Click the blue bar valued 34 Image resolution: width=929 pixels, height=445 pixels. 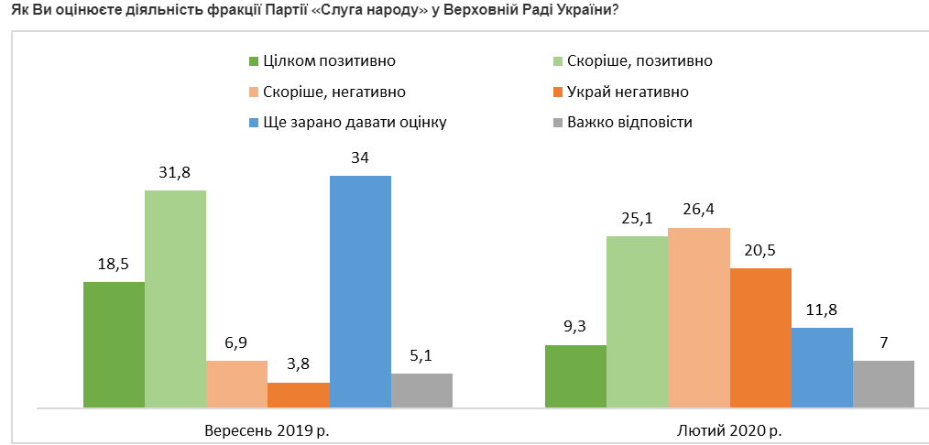[360, 291]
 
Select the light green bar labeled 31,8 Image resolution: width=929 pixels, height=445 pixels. [175, 298]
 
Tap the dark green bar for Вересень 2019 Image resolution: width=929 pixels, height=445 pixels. [114, 344]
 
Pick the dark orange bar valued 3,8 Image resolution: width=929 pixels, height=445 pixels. [299, 395]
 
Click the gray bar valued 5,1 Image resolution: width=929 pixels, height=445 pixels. [421, 390]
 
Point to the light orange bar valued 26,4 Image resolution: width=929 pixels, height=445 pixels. [698, 317]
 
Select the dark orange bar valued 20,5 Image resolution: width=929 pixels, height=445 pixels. [760, 337]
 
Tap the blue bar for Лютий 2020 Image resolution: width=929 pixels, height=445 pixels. [822, 367]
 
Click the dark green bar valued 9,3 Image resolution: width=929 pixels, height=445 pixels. [575, 375]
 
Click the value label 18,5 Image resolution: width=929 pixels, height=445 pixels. [114, 265]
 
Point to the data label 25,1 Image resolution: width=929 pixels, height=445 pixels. [637, 219]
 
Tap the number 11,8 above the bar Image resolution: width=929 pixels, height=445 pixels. [822, 310]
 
